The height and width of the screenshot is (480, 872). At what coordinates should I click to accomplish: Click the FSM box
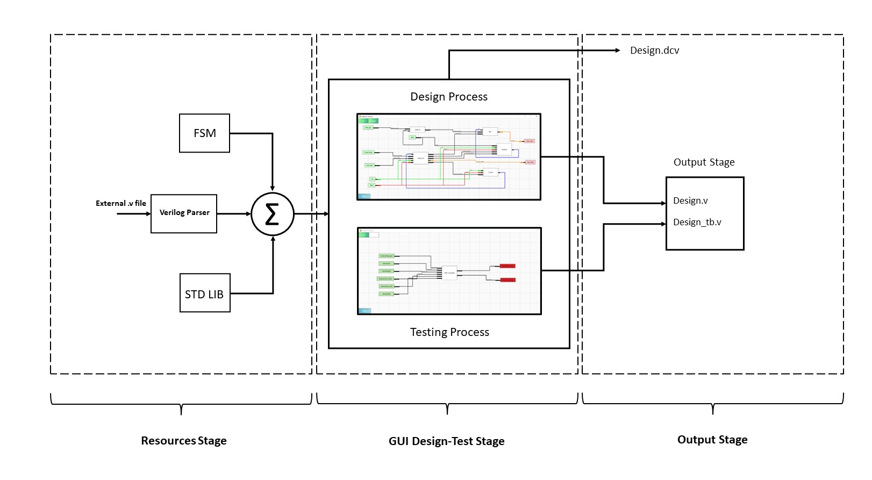tap(204, 133)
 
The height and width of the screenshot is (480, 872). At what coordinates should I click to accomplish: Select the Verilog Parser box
tap(184, 213)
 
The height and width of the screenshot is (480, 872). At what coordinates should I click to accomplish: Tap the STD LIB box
tap(205, 293)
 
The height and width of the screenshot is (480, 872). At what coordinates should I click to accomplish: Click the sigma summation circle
tap(273, 214)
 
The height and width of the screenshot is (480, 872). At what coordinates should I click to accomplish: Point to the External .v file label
tap(120, 203)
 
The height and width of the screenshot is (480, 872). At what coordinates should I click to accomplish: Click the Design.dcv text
tap(654, 51)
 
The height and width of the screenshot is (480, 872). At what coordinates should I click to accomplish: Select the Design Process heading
tap(449, 97)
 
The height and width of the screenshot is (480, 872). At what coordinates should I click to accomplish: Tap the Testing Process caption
tap(449, 332)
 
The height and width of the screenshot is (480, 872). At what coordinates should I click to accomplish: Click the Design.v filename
tap(690, 201)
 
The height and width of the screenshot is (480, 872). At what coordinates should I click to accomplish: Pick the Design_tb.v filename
tap(697, 223)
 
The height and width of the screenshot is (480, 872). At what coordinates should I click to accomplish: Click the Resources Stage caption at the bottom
tap(183, 441)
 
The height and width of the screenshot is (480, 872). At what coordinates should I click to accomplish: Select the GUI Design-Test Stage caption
tap(446, 441)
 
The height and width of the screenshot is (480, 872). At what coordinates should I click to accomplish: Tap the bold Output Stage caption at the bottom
tap(712, 440)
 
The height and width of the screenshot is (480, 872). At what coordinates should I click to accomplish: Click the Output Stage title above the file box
tap(704, 162)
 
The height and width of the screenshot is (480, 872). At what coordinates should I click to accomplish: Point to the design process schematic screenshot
tap(449, 157)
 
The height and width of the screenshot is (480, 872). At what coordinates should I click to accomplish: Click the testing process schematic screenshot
tap(449, 271)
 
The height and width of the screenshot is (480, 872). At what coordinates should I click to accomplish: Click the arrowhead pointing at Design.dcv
tap(618, 51)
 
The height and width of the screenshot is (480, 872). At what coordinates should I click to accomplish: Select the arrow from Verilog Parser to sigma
tap(234, 214)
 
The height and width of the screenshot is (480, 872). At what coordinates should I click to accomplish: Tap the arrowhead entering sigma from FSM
tap(273, 188)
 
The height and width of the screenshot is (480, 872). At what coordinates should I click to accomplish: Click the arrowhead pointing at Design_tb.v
tap(663, 224)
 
